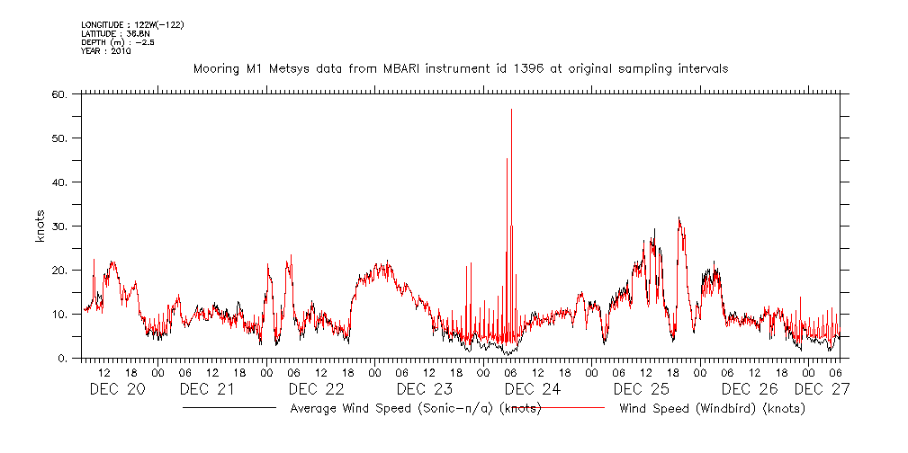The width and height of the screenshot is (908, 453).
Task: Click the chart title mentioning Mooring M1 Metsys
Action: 460,68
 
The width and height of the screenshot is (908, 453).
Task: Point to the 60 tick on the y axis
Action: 60,93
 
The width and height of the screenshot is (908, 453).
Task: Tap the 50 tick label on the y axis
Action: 60,138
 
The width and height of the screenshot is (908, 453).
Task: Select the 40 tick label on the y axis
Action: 60,182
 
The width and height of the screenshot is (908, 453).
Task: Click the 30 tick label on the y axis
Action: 60,226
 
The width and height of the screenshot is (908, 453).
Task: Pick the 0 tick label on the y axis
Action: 64,359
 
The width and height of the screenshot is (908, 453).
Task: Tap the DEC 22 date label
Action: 316,389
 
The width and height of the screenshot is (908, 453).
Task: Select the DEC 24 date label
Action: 533,389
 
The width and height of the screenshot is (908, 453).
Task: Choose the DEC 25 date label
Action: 641,389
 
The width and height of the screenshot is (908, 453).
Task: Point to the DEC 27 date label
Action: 822,389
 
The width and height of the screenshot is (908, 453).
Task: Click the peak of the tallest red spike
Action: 511,110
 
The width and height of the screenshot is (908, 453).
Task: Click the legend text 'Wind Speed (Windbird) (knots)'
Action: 712,408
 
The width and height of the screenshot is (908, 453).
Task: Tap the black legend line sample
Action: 229,408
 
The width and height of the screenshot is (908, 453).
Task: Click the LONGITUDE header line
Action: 133,24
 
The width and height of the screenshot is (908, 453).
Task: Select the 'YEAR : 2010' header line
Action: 105,51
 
